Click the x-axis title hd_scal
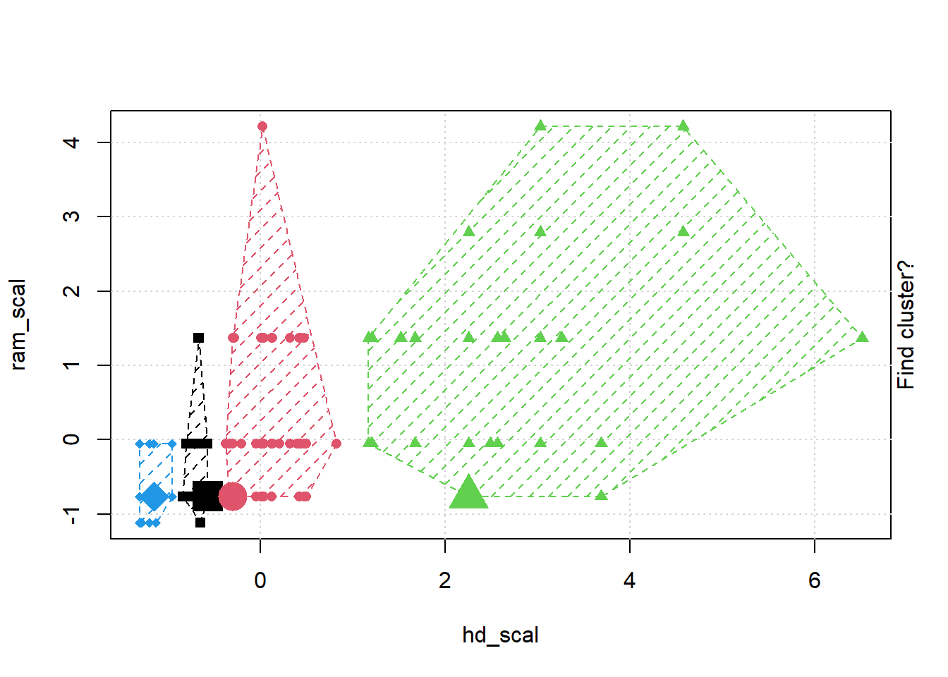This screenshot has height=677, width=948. (x=500, y=635)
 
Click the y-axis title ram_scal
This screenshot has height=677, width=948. (x=18, y=324)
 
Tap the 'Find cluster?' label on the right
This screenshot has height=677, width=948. (x=906, y=324)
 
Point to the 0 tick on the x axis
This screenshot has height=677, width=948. (x=260, y=580)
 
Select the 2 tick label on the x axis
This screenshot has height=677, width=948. (x=445, y=580)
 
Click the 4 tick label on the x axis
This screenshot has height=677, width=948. (x=630, y=580)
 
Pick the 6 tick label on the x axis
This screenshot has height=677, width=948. (x=815, y=580)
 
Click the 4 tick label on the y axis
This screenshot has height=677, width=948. (x=71, y=142)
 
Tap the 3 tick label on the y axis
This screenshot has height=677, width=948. (x=71, y=216)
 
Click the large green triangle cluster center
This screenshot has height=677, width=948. (x=468, y=493)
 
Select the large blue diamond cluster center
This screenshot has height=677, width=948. (x=154, y=496)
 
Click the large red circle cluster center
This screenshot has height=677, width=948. (x=232, y=496)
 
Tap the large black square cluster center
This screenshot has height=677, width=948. (x=207, y=496)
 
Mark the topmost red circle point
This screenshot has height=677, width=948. (x=262, y=127)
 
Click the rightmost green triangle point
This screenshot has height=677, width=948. (x=862, y=337)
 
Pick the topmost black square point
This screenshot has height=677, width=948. (x=199, y=338)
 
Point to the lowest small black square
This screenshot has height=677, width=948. (x=200, y=523)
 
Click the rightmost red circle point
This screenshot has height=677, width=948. (x=336, y=444)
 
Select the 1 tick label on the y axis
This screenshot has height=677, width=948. (x=71, y=365)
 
